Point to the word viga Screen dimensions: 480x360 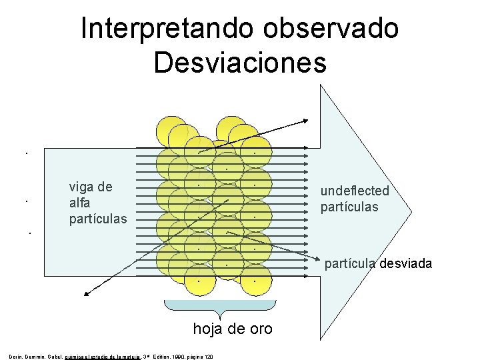tap(83, 187)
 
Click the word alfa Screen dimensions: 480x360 tap(80, 202)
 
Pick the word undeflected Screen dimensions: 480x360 tap(355, 191)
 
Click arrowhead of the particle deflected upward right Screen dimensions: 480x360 tap(305, 121)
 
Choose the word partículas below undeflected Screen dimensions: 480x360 tap(349, 207)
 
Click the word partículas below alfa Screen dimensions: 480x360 tap(98, 218)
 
